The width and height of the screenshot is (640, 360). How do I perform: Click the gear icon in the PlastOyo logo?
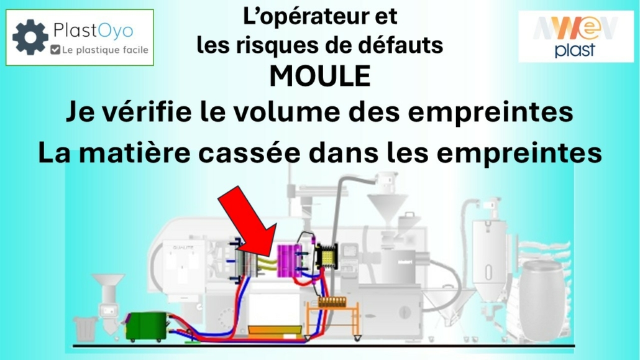point(30,37)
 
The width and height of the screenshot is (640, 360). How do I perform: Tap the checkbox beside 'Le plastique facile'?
point(55,50)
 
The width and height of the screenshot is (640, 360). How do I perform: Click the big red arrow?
point(248,221)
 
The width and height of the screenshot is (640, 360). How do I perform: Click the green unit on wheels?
point(146,325)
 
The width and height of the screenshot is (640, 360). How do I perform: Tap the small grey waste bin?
point(85,328)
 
